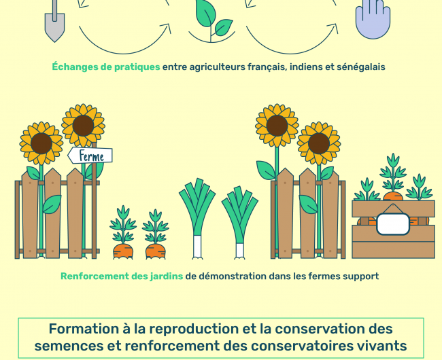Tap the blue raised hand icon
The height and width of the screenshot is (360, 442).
[x=373, y=19]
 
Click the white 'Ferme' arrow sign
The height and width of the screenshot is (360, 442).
[x=90, y=156]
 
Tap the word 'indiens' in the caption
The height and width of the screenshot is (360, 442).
[x=306, y=67]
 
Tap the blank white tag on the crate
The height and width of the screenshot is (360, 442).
[x=393, y=224]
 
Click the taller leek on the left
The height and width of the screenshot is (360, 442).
[x=197, y=218]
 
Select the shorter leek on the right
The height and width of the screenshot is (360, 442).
[x=239, y=222]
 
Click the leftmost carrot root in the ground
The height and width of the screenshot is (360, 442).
[x=123, y=251]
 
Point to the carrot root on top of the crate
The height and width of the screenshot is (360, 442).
[x=393, y=196]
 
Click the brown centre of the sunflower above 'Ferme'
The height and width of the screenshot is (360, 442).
[x=83, y=126]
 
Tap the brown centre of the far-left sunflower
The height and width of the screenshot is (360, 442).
[x=41, y=143]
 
